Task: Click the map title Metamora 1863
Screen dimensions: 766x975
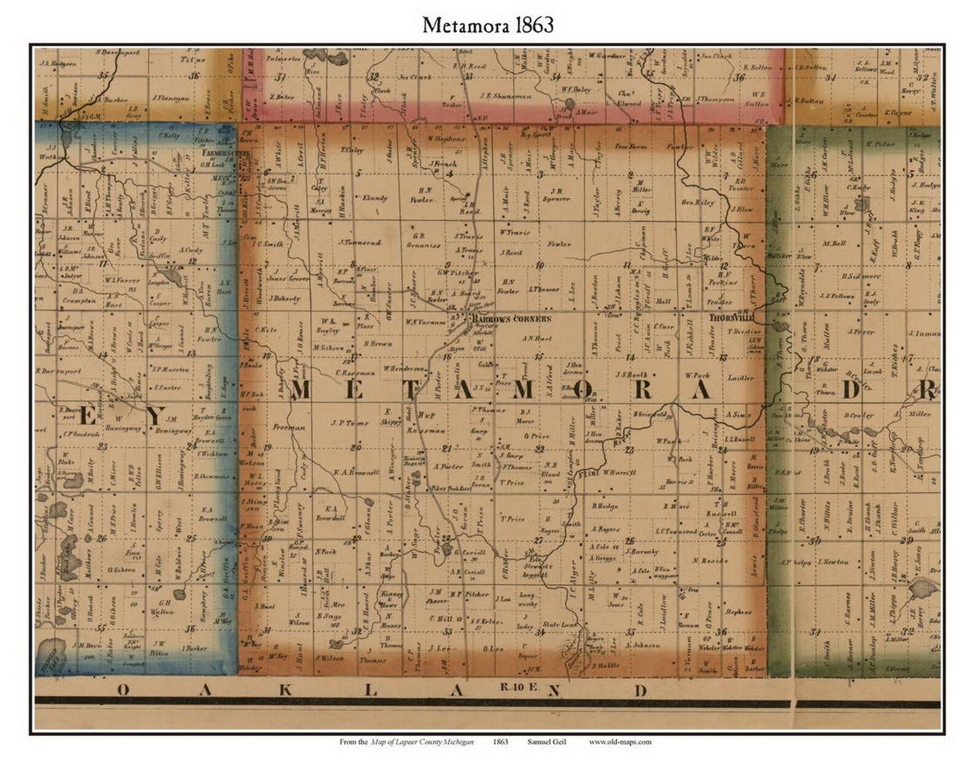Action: pos(487,25)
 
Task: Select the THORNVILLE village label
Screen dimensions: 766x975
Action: pos(731,319)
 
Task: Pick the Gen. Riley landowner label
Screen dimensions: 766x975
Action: pos(697,202)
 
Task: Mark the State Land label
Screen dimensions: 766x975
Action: pos(559,625)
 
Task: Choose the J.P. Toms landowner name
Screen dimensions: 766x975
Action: pos(349,422)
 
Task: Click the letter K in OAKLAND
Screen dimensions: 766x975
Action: pos(285,691)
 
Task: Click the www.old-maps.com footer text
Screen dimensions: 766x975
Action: pos(620,741)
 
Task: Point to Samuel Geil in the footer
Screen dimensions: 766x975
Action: pos(546,741)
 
